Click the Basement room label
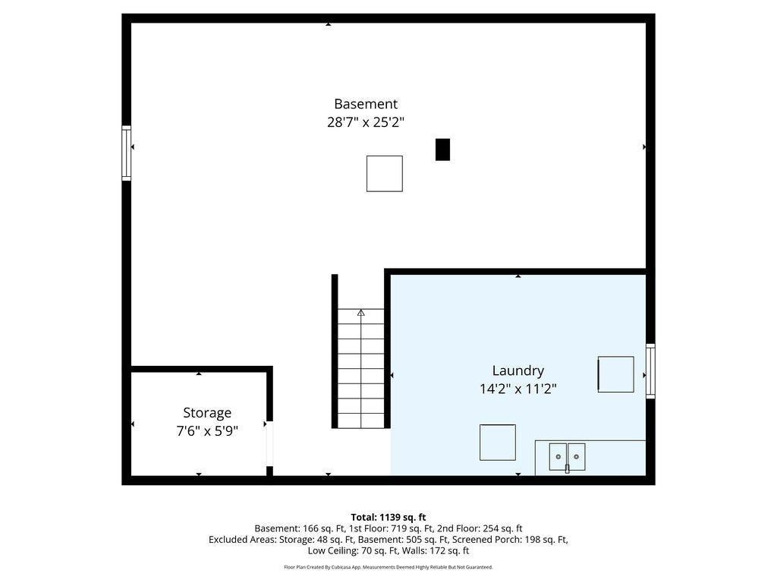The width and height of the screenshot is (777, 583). pyautogui.click(x=366, y=104)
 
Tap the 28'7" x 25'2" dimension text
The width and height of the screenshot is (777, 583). pyautogui.click(x=366, y=122)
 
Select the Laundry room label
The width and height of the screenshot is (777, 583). pyautogui.click(x=517, y=370)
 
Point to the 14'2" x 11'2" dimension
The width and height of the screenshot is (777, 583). pyautogui.click(x=517, y=389)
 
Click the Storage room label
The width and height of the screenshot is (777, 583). pyautogui.click(x=207, y=413)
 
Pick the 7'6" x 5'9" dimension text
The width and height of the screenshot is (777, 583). pyautogui.click(x=207, y=431)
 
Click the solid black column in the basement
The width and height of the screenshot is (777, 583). pyautogui.click(x=442, y=150)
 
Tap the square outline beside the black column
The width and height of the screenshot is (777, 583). pyautogui.click(x=385, y=174)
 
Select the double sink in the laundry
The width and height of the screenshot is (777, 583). pyautogui.click(x=567, y=456)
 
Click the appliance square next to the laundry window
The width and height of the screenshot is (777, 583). pyautogui.click(x=615, y=374)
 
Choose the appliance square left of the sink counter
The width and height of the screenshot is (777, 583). pyautogui.click(x=498, y=443)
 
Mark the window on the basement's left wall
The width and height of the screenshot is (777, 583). pyautogui.click(x=127, y=153)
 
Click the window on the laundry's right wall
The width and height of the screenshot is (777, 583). pyautogui.click(x=650, y=370)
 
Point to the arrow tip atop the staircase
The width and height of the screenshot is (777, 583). pyautogui.click(x=360, y=310)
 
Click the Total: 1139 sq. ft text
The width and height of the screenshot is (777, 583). pyautogui.click(x=388, y=518)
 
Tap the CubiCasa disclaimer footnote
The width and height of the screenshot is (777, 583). pyautogui.click(x=388, y=567)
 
